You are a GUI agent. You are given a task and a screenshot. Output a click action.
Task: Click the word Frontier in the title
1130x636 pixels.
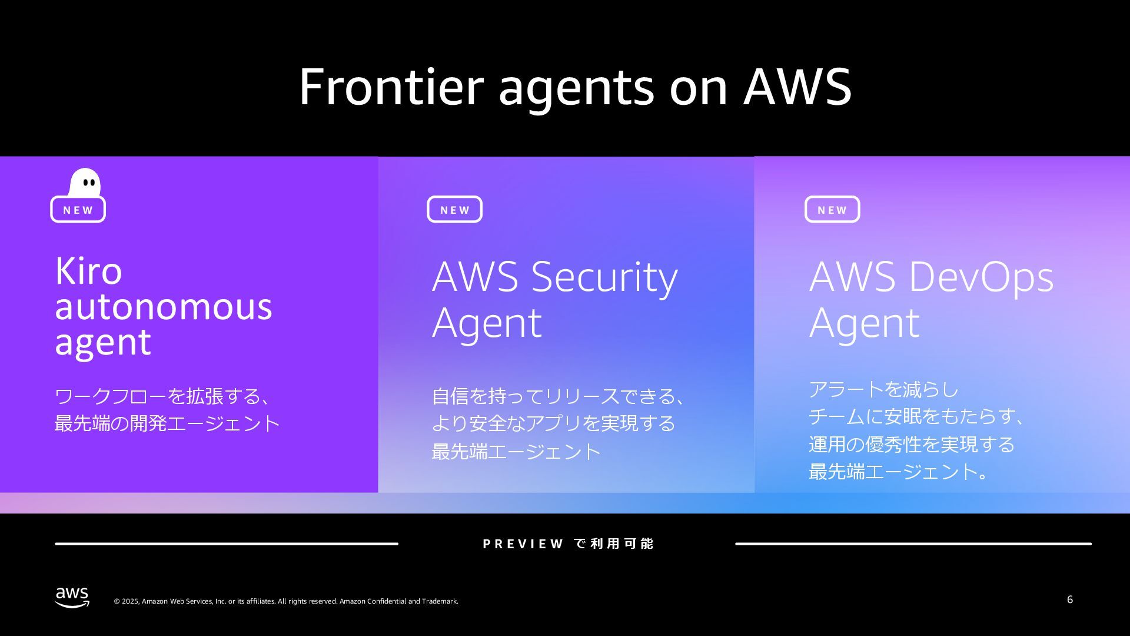tap(391, 87)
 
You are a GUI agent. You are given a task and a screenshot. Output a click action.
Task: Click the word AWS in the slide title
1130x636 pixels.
tap(797, 87)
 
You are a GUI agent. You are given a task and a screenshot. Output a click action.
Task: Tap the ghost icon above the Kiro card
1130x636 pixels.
tap(85, 183)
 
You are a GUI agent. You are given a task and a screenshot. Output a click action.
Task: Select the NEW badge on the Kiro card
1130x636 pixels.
tap(78, 210)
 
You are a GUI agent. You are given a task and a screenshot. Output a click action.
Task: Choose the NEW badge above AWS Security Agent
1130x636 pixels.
tap(454, 210)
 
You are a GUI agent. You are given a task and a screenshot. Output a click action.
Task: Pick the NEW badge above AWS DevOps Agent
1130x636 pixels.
tap(832, 210)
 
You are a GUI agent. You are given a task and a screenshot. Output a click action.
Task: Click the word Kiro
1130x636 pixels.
tap(88, 271)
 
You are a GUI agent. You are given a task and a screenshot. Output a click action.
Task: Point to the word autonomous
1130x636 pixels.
tap(163, 307)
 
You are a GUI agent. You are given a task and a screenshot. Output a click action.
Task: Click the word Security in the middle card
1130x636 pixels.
tap(604, 277)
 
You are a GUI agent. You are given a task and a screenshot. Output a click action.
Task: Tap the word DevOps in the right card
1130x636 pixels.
tap(981, 277)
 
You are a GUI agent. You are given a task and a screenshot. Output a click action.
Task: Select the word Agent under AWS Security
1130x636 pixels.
tap(487, 323)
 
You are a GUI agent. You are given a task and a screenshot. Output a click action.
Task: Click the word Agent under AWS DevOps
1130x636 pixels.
tap(864, 323)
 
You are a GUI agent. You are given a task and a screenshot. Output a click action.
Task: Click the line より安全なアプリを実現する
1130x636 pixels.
tap(553, 423)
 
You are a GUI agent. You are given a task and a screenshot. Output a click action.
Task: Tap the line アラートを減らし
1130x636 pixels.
tap(883, 389)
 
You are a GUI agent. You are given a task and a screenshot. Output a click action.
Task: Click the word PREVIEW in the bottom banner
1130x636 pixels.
tap(523, 544)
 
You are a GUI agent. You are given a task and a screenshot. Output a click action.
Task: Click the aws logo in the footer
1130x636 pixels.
tap(72, 597)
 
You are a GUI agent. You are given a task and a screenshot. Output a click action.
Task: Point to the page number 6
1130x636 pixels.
tap(1069, 599)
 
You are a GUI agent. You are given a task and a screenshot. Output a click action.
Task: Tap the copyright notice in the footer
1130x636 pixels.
tap(285, 601)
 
